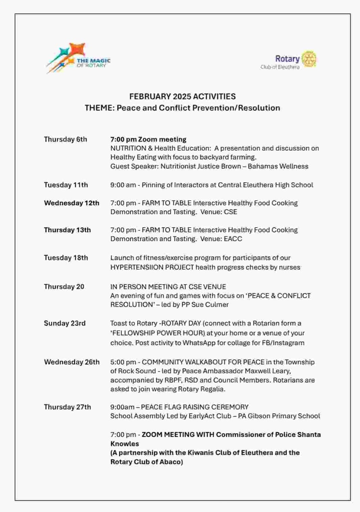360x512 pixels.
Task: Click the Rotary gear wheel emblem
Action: (x=309, y=59)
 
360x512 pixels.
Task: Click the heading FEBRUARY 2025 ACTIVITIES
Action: (x=183, y=97)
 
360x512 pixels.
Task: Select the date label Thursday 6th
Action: (x=66, y=139)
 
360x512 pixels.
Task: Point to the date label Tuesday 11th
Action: (x=66, y=185)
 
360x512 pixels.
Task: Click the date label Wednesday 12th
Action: (x=72, y=203)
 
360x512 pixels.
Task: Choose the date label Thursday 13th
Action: (x=68, y=230)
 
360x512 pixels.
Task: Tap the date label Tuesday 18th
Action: (x=66, y=258)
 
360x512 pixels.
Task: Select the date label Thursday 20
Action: (x=64, y=287)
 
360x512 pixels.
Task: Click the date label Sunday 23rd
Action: (x=65, y=323)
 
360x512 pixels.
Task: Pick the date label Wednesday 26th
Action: (x=72, y=362)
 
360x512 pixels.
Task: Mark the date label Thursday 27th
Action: (x=68, y=407)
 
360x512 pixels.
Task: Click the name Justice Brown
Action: (x=214, y=166)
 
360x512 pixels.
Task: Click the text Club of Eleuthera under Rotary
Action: (x=280, y=67)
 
